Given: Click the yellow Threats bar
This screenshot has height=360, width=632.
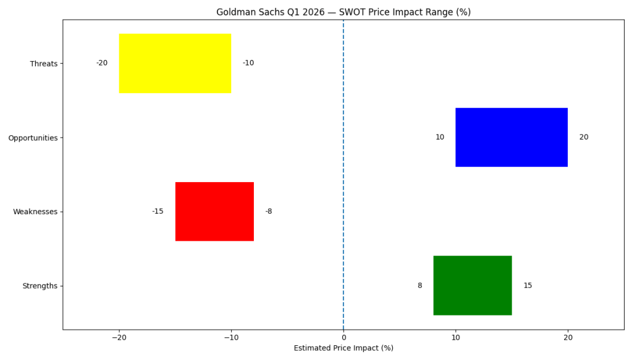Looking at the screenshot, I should (175, 64).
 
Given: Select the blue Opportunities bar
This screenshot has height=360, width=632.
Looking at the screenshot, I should (512, 137).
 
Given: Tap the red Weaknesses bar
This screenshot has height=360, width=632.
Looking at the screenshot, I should (214, 211).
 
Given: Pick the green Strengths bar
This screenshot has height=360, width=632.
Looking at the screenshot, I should (473, 285).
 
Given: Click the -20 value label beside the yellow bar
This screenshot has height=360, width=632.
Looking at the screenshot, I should (102, 63).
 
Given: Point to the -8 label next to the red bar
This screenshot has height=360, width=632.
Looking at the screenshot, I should (269, 211).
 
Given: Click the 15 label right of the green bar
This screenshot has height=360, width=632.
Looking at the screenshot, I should (528, 285).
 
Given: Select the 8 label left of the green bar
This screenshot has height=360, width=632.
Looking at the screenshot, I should (420, 285).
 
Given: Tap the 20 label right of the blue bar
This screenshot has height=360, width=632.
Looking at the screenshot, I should (584, 137).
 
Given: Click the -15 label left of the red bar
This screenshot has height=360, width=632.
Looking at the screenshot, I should (158, 211).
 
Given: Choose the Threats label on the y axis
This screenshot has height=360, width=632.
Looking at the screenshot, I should (43, 64).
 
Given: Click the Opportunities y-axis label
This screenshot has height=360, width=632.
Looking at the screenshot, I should (33, 138).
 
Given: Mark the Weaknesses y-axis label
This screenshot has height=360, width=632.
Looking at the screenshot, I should (35, 212).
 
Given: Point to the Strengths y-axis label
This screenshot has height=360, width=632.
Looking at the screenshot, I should (40, 286).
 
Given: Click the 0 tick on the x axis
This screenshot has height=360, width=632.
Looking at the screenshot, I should (343, 338).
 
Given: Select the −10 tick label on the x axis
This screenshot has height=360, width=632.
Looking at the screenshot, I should (231, 338).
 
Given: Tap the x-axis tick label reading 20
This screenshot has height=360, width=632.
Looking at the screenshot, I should (568, 338).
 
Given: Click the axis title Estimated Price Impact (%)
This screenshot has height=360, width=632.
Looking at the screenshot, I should (343, 348).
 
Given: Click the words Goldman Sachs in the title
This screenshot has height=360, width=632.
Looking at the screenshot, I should (245, 12).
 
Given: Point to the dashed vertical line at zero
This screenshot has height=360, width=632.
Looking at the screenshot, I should (343, 173).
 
